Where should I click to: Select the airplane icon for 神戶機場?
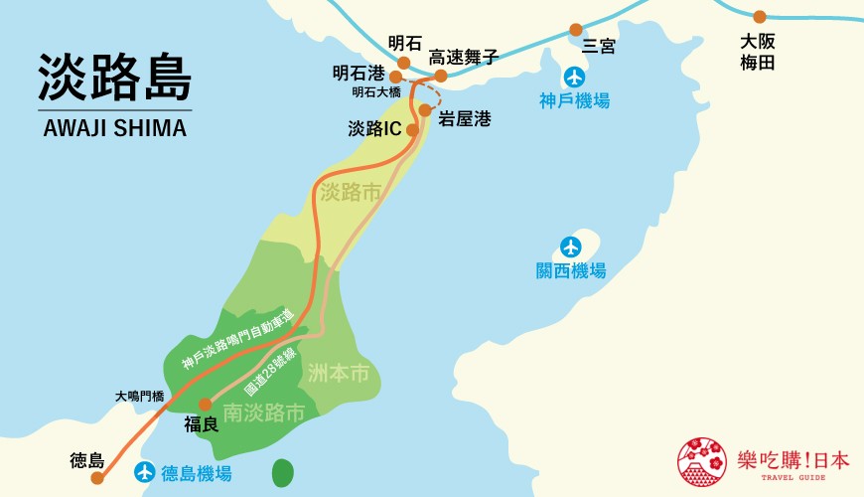[x=573, y=78]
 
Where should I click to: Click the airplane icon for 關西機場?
[x=570, y=246]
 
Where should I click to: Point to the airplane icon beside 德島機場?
[x=145, y=471]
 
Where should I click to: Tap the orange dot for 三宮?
[x=576, y=30]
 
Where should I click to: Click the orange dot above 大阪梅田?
[x=760, y=17]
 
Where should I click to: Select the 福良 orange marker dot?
[x=205, y=405]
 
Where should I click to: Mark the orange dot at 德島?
[x=97, y=478]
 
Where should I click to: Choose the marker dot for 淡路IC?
[x=411, y=129]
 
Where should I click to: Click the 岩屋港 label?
[x=465, y=118]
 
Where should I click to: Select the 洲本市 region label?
[x=338, y=375]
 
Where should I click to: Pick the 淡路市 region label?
[x=351, y=193]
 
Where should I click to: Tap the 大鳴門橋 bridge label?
[x=139, y=396]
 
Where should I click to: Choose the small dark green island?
[x=283, y=472]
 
